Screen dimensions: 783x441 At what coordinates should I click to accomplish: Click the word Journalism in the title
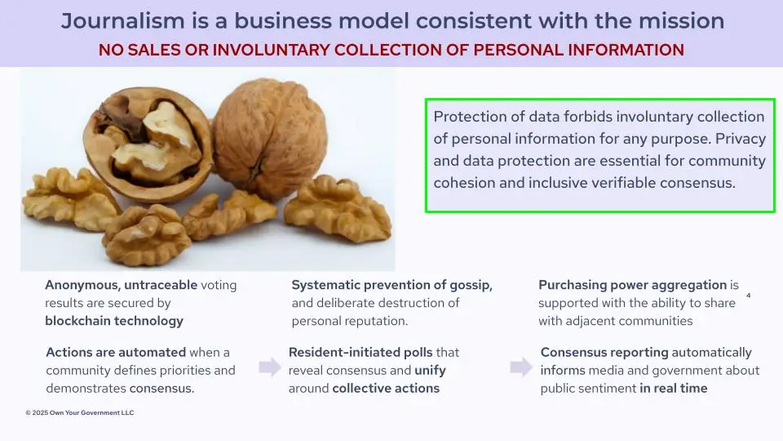(123, 21)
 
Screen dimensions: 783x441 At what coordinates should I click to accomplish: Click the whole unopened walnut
(270, 138)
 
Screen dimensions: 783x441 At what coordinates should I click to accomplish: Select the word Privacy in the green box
(741, 139)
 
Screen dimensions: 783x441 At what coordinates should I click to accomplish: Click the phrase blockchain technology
(114, 320)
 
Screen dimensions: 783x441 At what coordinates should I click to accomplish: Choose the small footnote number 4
(748, 296)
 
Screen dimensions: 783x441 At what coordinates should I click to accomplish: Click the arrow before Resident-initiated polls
(270, 367)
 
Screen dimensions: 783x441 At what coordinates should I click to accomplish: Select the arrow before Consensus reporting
(521, 367)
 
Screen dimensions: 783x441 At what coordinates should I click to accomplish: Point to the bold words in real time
(674, 388)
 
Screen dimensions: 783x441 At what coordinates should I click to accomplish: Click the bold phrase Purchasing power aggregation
(632, 285)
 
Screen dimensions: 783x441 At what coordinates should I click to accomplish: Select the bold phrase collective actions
(386, 388)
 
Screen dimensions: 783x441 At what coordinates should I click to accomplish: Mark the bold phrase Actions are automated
(116, 352)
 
